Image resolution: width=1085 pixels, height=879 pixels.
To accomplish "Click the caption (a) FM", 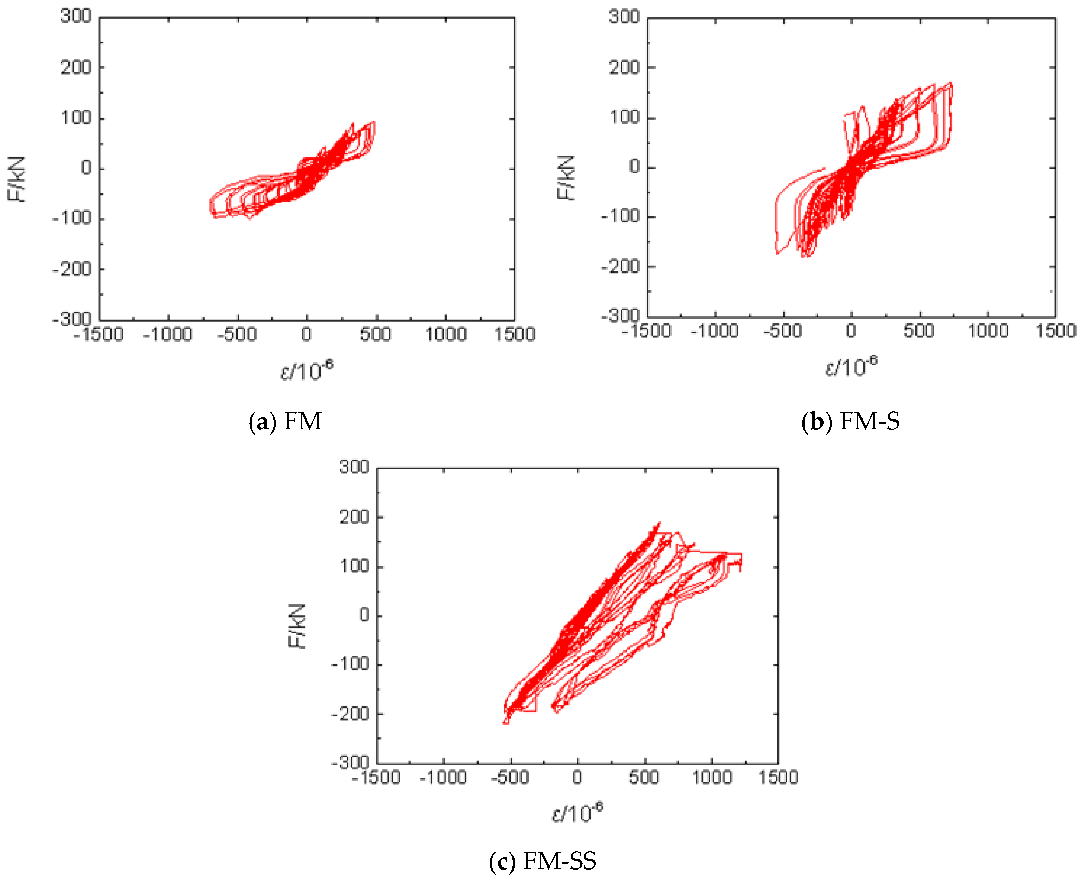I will tap(285, 421).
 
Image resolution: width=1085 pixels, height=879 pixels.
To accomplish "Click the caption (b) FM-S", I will tap(851, 421).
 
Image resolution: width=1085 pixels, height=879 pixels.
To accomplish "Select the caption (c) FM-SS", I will tap(543, 861).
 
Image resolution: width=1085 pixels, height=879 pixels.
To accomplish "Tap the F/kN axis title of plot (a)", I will tap(16, 179).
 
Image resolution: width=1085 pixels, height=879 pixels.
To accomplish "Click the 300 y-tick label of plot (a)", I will tap(76, 16).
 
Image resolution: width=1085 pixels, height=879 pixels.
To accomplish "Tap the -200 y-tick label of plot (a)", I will tap(72, 269).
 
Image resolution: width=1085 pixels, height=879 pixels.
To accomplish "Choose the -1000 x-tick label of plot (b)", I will tap(714, 331).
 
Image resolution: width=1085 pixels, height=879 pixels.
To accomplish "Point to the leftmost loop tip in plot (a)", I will tap(210, 205).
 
